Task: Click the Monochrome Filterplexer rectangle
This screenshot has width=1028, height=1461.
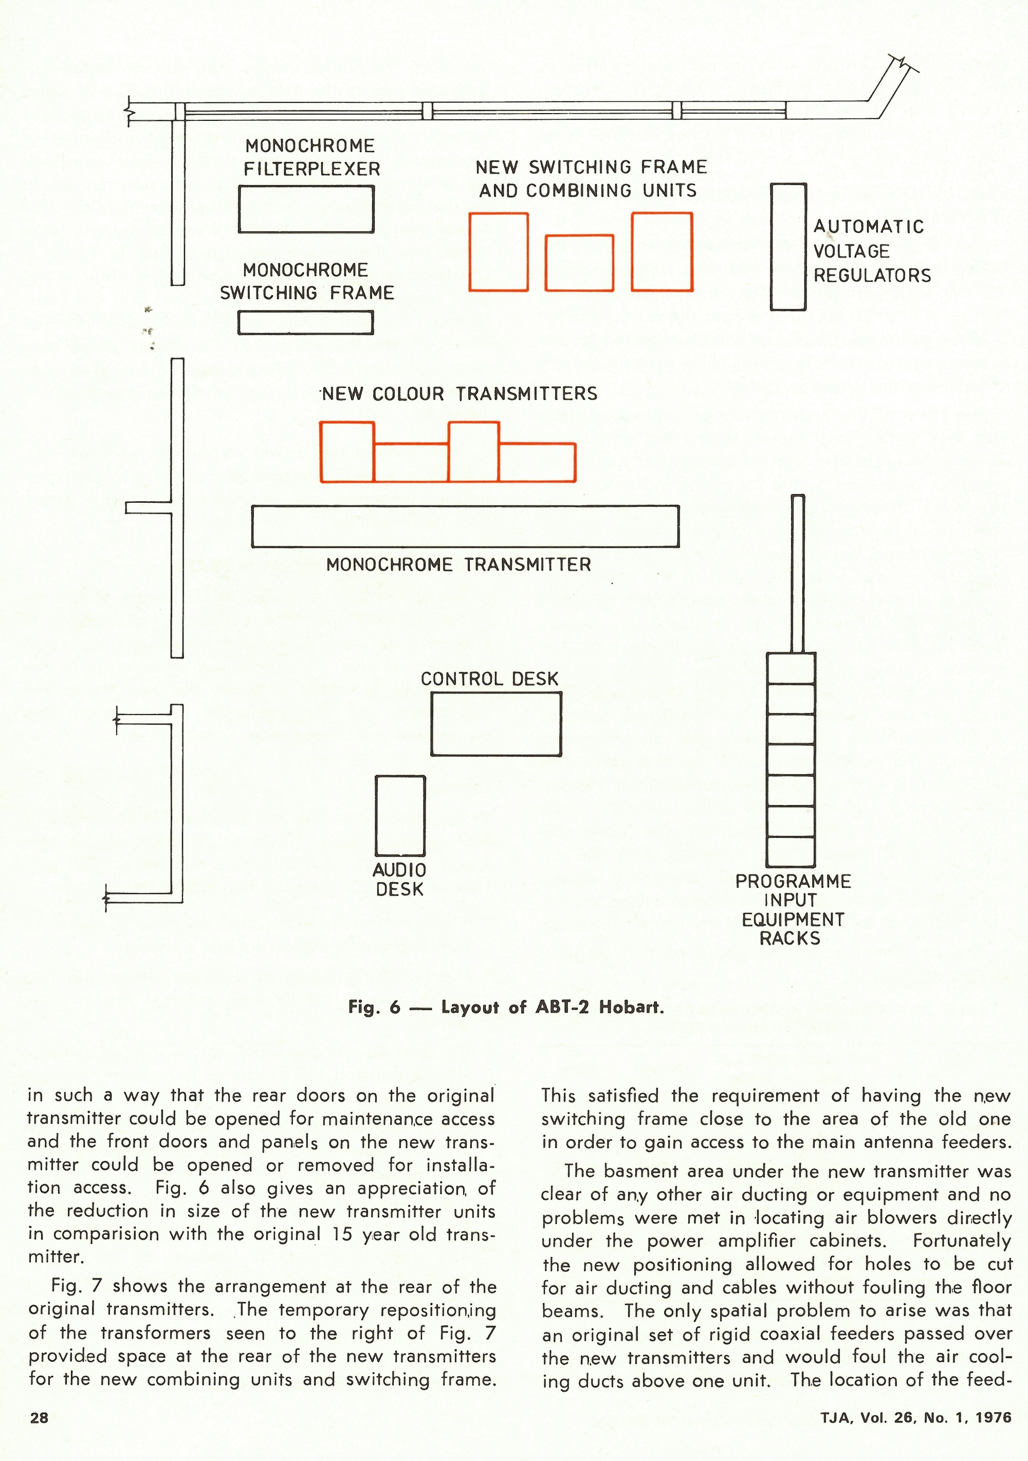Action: pyautogui.click(x=306, y=209)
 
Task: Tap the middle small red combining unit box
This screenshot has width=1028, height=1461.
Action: pyautogui.click(x=579, y=263)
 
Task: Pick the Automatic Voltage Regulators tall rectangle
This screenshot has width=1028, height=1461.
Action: pyautogui.click(x=788, y=247)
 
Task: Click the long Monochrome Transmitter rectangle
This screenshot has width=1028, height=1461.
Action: pyautogui.click(x=465, y=526)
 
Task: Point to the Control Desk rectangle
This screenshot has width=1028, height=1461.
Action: pyautogui.click(x=496, y=724)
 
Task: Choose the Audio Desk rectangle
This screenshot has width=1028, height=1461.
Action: pyautogui.click(x=400, y=816)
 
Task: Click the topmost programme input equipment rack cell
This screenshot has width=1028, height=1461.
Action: pyautogui.click(x=791, y=669)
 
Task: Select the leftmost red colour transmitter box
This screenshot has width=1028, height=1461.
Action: pyautogui.click(x=347, y=452)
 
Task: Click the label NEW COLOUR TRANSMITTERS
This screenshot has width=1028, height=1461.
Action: pyautogui.click(x=460, y=394)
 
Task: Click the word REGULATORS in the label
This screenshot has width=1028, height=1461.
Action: pyautogui.click(x=872, y=276)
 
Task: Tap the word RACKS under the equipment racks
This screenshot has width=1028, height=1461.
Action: pyautogui.click(x=790, y=939)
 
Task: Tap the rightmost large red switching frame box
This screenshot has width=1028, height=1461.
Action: pyautogui.click(x=662, y=252)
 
